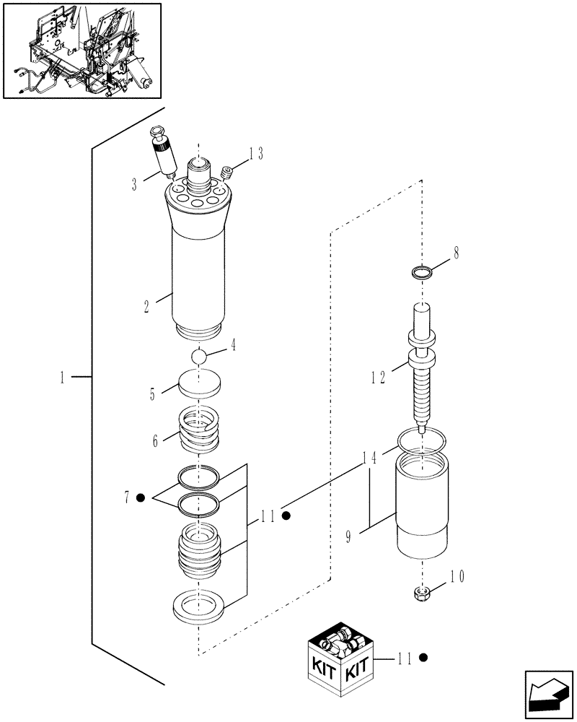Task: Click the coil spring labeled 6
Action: [198, 430]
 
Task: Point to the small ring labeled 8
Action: [422, 272]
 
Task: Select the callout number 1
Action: [63, 376]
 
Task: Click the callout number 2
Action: [146, 306]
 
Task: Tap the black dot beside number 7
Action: [141, 497]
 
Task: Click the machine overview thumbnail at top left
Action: [82, 50]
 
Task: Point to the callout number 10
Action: [457, 577]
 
